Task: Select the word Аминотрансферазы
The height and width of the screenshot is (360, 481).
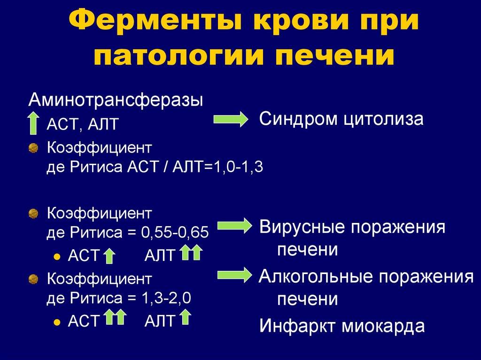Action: (116, 100)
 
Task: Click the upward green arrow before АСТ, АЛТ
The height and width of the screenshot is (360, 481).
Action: (33, 123)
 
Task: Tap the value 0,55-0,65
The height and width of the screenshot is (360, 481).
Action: (175, 232)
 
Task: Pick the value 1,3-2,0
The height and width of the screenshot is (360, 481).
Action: (167, 298)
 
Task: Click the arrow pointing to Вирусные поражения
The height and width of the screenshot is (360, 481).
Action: (235, 226)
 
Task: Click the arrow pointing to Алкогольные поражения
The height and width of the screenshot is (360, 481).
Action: (235, 275)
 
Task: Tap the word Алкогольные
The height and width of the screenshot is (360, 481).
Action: (316, 276)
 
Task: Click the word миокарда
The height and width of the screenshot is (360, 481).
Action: (383, 326)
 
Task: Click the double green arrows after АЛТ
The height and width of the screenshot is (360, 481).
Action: (191, 253)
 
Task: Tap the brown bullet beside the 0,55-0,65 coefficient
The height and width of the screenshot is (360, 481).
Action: (33, 214)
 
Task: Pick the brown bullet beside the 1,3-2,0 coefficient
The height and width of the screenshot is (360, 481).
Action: (33, 279)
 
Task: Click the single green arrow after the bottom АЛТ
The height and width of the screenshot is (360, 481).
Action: (185, 317)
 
